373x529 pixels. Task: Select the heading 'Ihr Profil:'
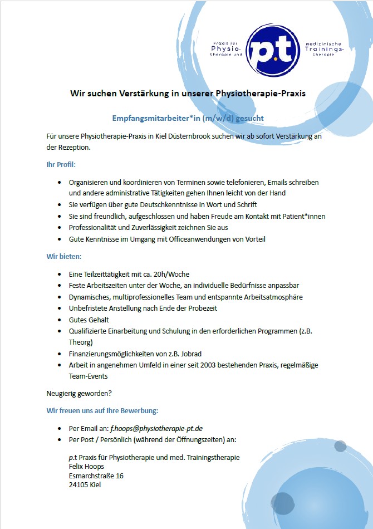(x=61, y=165)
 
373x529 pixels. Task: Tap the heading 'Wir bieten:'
(x=63, y=257)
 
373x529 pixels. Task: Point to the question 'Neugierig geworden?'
(x=79, y=394)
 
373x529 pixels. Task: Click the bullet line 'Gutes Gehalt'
(x=89, y=320)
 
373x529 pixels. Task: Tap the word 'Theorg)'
(x=81, y=342)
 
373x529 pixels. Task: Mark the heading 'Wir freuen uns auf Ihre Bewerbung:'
(x=102, y=411)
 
